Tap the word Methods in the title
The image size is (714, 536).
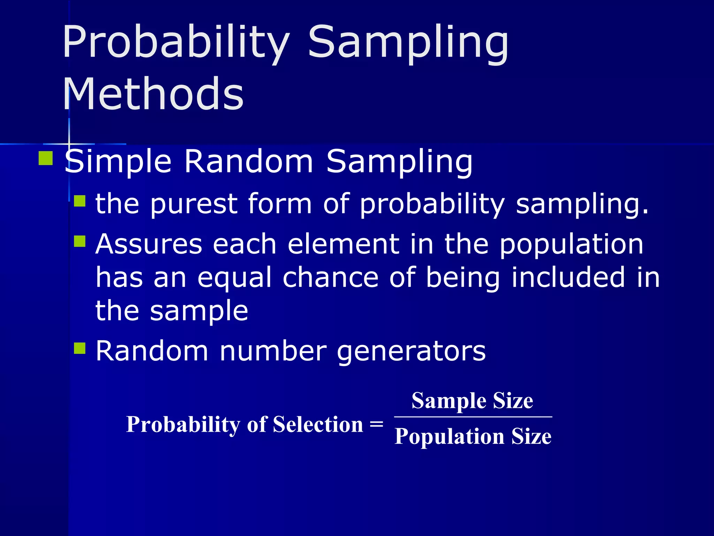pos(153,94)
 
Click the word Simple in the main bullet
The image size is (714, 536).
pos(118,162)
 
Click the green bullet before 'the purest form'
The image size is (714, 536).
pos(80,201)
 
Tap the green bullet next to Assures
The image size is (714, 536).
pos(80,241)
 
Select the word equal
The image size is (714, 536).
pos(234,278)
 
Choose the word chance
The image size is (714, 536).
pos(330,277)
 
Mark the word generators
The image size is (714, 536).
pos(411,351)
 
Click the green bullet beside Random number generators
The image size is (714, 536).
pos(80,348)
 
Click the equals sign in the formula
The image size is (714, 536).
pos(377,424)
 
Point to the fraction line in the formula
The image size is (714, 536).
pos(473,417)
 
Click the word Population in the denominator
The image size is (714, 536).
pos(449,436)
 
